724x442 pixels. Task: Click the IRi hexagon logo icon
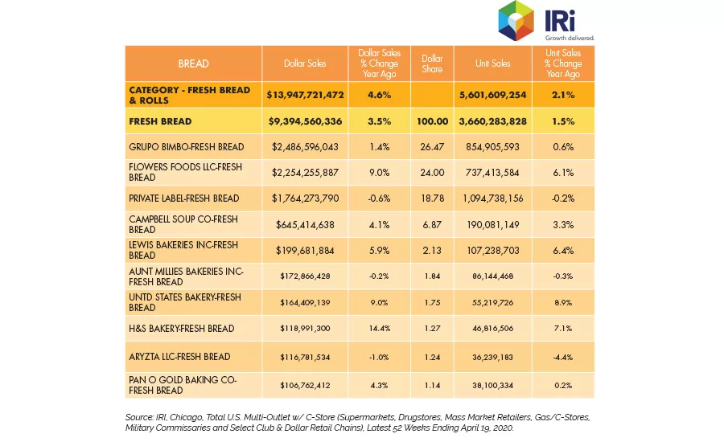tap(516, 21)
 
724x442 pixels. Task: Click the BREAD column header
tap(193, 63)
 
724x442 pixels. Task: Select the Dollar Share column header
tap(432, 63)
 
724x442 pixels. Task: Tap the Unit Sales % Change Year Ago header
tap(563, 63)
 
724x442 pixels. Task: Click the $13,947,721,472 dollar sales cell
tap(305, 95)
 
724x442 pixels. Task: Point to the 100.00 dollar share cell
tap(432, 121)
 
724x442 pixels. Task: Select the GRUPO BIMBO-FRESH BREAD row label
tap(187, 147)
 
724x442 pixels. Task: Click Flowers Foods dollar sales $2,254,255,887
tap(305, 173)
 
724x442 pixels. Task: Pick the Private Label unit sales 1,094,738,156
tap(492, 198)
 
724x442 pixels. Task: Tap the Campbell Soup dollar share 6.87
tap(432, 225)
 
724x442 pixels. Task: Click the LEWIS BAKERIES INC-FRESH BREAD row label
tap(183, 250)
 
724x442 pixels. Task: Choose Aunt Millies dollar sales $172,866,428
tap(305, 276)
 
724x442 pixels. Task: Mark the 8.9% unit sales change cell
tap(563, 303)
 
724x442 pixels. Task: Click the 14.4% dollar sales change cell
tap(379, 329)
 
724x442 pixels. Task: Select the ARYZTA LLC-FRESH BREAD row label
tap(179, 357)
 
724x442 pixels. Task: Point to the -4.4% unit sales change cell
tap(563, 357)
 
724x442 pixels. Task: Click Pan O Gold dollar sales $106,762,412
tap(305, 385)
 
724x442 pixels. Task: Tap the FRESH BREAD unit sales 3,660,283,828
tap(492, 121)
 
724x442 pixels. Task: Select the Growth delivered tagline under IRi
tap(570, 38)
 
